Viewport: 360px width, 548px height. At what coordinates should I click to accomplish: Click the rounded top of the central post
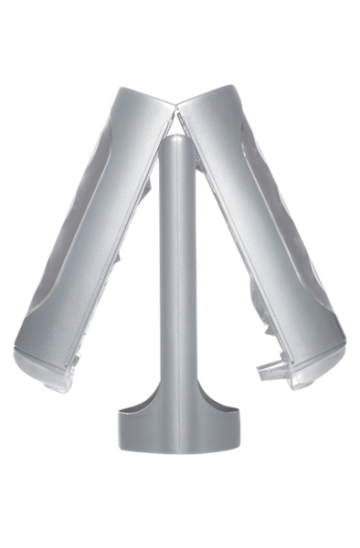[177, 144]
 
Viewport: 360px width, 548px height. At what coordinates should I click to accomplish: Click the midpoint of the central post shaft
[176, 274]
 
